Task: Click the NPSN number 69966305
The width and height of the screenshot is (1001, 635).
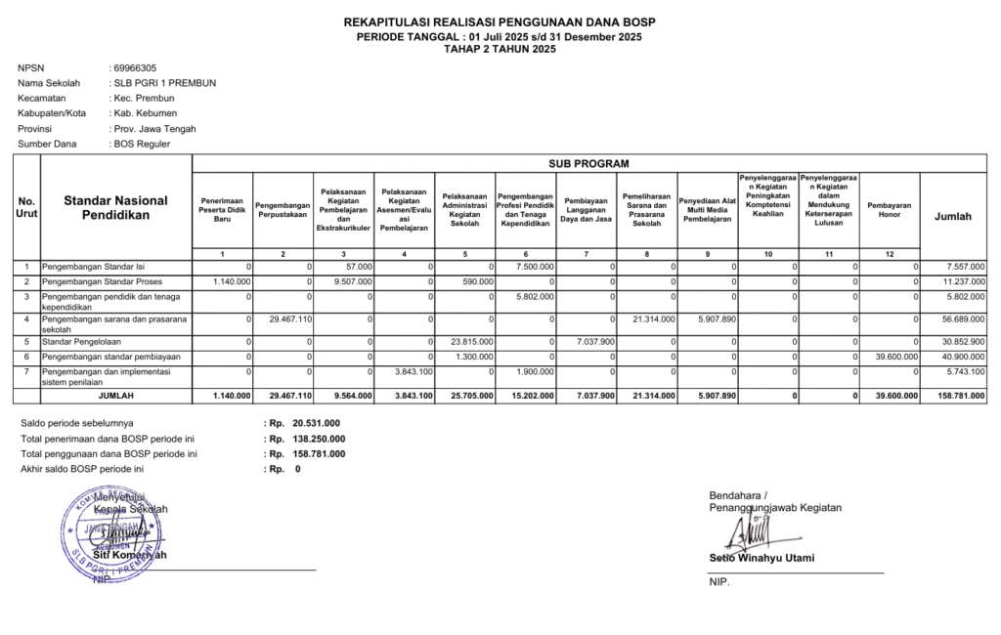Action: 135,68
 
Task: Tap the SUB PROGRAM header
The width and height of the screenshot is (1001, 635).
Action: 588,163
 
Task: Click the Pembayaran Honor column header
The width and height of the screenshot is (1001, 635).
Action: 890,210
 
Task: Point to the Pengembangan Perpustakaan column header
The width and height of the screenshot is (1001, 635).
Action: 283,210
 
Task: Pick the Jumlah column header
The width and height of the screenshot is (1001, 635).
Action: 953,216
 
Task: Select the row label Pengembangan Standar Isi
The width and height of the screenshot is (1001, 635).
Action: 93,266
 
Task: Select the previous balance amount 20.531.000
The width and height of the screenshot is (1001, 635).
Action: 316,423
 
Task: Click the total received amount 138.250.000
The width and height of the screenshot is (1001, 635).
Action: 316,439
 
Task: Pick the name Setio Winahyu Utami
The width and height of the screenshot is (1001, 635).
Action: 762,559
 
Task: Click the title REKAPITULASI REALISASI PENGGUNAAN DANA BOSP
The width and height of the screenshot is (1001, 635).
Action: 500,22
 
